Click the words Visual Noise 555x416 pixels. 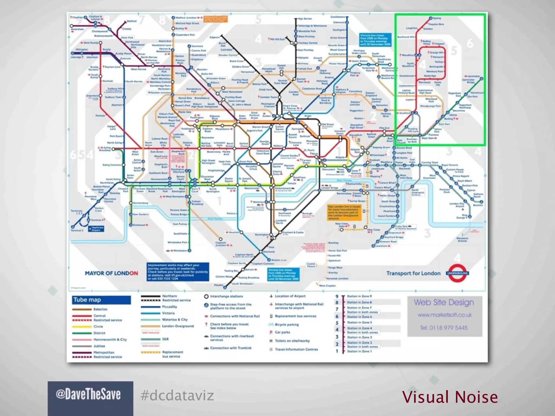tap(450, 397)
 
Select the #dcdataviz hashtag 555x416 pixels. tap(177, 395)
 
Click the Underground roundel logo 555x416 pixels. tap(457, 273)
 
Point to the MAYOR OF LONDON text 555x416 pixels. tap(111, 273)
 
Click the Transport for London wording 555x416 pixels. tap(413, 273)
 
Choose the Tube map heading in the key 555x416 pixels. tap(87, 300)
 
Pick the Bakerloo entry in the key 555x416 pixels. tap(100, 309)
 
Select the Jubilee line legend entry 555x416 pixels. tap(99, 346)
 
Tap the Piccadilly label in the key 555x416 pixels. tap(169, 307)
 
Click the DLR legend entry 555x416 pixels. tap(165, 339)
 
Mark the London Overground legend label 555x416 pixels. tap(178, 326)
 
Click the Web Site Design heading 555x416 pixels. tap(444, 303)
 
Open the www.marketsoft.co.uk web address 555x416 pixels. tap(444, 315)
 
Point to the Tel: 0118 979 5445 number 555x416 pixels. tap(444, 328)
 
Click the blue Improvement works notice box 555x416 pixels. tap(178, 272)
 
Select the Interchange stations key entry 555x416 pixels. tap(227, 296)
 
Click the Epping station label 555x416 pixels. tap(437, 18)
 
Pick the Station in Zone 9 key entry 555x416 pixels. tap(359, 296)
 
